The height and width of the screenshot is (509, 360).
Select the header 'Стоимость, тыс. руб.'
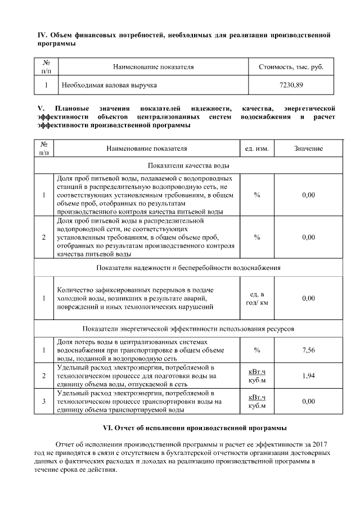tap(291, 67)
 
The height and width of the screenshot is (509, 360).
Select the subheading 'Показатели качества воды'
tap(188, 165)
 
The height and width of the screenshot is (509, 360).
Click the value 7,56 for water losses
tap(308, 350)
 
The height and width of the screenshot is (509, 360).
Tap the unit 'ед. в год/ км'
tap(257, 298)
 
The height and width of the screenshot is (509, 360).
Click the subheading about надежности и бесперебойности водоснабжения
tap(188, 267)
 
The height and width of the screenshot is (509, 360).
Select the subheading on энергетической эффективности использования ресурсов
tap(188, 328)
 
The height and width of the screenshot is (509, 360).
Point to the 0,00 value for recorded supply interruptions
tap(308, 298)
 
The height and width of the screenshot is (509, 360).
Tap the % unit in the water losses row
tap(257, 350)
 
